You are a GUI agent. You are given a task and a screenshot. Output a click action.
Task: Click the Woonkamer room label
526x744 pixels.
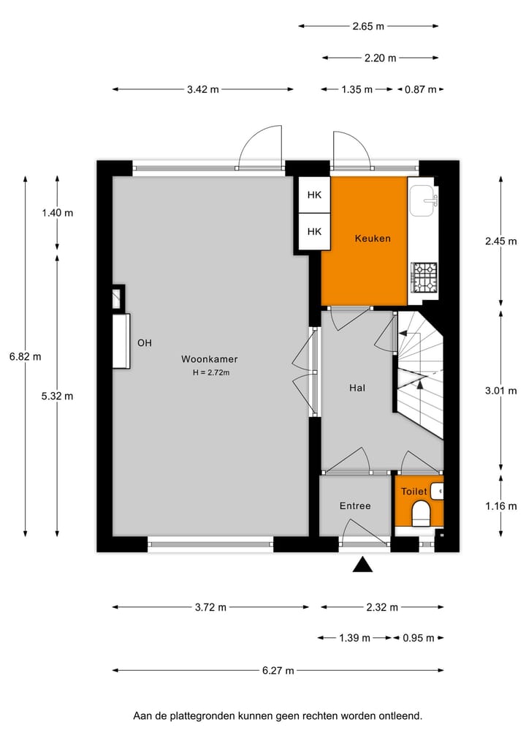point(210,359)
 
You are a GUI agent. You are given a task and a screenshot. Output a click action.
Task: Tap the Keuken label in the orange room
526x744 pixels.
point(373,238)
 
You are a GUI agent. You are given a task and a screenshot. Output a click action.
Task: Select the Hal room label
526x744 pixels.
point(357,388)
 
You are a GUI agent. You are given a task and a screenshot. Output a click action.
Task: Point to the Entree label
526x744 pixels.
point(355,506)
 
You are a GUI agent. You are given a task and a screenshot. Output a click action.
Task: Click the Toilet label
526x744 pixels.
point(413,492)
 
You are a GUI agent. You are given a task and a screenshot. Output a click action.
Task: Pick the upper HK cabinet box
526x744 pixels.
point(314,195)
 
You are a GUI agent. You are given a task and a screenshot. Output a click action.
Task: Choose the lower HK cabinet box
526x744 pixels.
point(314,231)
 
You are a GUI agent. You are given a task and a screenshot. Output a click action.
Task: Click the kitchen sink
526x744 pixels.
point(423,200)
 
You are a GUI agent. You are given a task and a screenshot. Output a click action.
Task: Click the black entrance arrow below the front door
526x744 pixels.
point(362,565)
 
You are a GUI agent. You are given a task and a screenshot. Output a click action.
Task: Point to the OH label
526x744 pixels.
point(145,342)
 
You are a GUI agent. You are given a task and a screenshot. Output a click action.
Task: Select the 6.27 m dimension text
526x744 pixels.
point(278,670)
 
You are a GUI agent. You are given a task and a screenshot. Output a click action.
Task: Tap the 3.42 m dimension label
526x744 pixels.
point(202,89)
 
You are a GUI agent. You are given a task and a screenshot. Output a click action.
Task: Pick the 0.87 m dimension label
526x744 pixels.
point(421,89)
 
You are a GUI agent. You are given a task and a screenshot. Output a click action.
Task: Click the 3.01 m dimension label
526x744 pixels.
point(500,391)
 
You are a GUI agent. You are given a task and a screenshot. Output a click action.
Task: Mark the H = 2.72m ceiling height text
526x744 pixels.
point(211,372)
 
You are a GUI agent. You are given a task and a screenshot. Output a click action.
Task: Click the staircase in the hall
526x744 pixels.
point(419,373)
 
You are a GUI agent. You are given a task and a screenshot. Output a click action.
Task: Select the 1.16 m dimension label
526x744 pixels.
point(500,506)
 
